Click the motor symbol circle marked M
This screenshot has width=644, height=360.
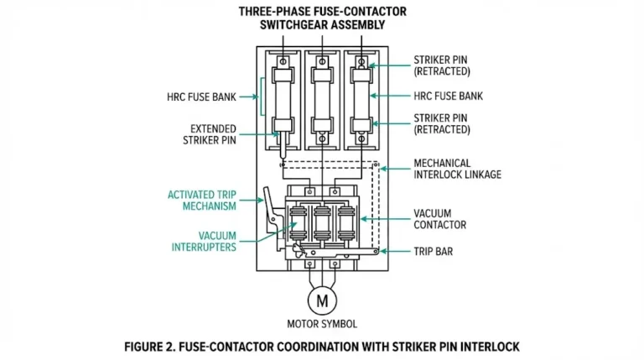tap(322, 299)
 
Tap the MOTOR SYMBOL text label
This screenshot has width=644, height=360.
tap(322, 323)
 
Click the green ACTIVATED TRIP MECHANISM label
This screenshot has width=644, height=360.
tap(201, 201)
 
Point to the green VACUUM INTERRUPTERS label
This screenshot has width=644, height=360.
tap(205, 241)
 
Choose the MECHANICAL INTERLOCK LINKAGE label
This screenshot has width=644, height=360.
tap(457, 169)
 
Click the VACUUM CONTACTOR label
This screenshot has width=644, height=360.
tap(439, 219)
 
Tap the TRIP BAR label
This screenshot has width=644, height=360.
tap(434, 251)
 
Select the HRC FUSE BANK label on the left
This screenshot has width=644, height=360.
tap(201, 97)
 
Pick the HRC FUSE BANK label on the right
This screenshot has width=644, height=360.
tap(448, 97)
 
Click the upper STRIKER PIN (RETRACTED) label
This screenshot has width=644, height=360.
tap(442, 66)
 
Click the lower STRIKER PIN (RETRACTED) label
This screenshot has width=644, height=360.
tap(442, 124)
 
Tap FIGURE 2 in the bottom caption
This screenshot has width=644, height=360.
tap(154, 346)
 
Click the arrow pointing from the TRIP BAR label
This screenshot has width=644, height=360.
tap(396, 251)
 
